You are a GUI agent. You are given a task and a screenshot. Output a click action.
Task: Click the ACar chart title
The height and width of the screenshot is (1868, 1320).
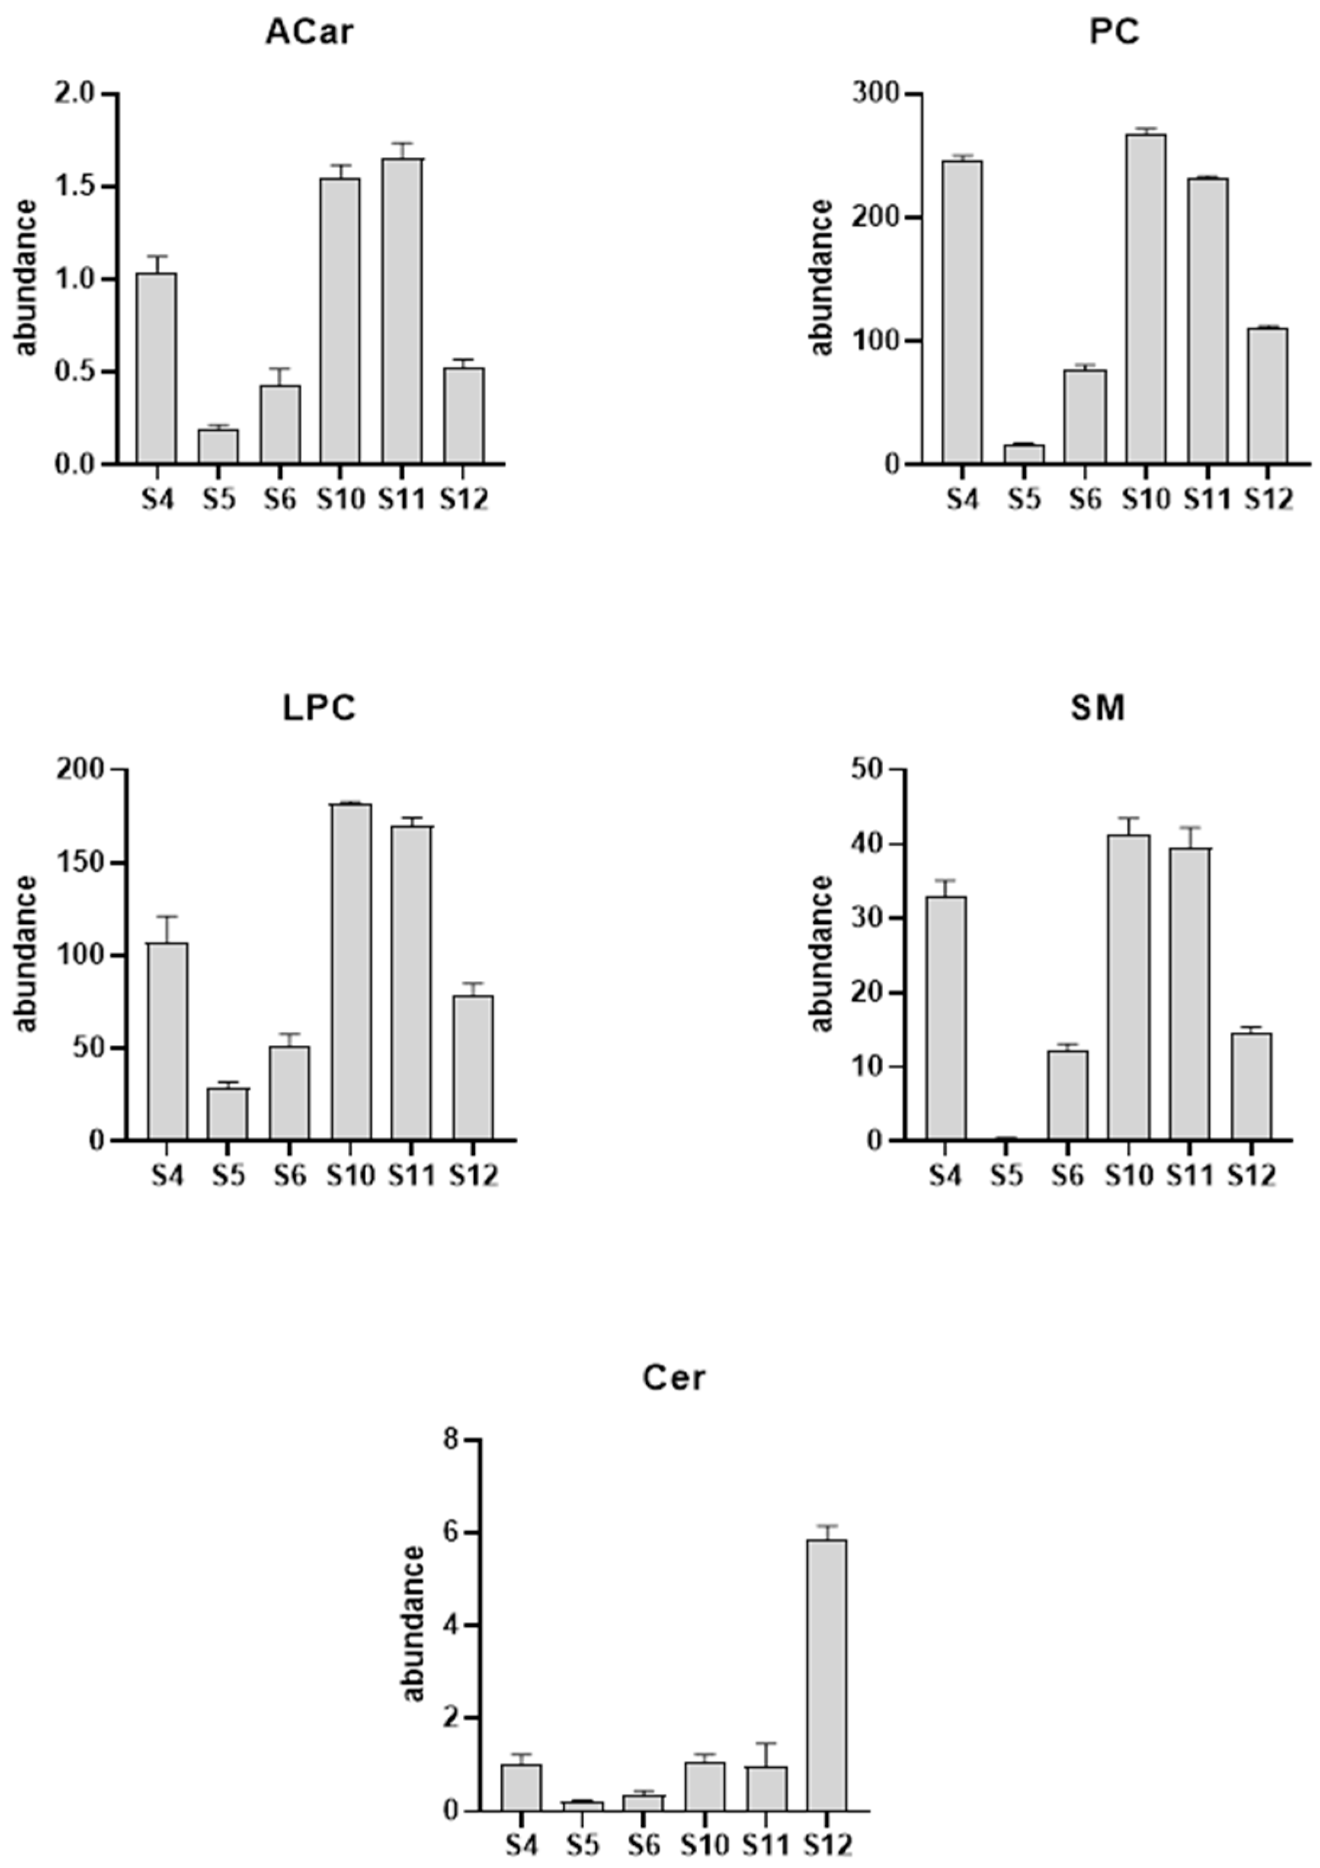(x=309, y=33)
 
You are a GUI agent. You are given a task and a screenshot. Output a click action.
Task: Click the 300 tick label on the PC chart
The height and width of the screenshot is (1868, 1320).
(x=876, y=94)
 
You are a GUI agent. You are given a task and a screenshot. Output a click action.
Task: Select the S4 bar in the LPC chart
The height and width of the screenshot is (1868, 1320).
(x=168, y=1041)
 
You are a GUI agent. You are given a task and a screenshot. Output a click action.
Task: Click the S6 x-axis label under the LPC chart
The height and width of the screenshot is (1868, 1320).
(x=290, y=1176)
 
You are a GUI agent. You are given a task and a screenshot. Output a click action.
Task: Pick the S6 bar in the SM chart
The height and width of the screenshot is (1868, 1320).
(x=1068, y=1095)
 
